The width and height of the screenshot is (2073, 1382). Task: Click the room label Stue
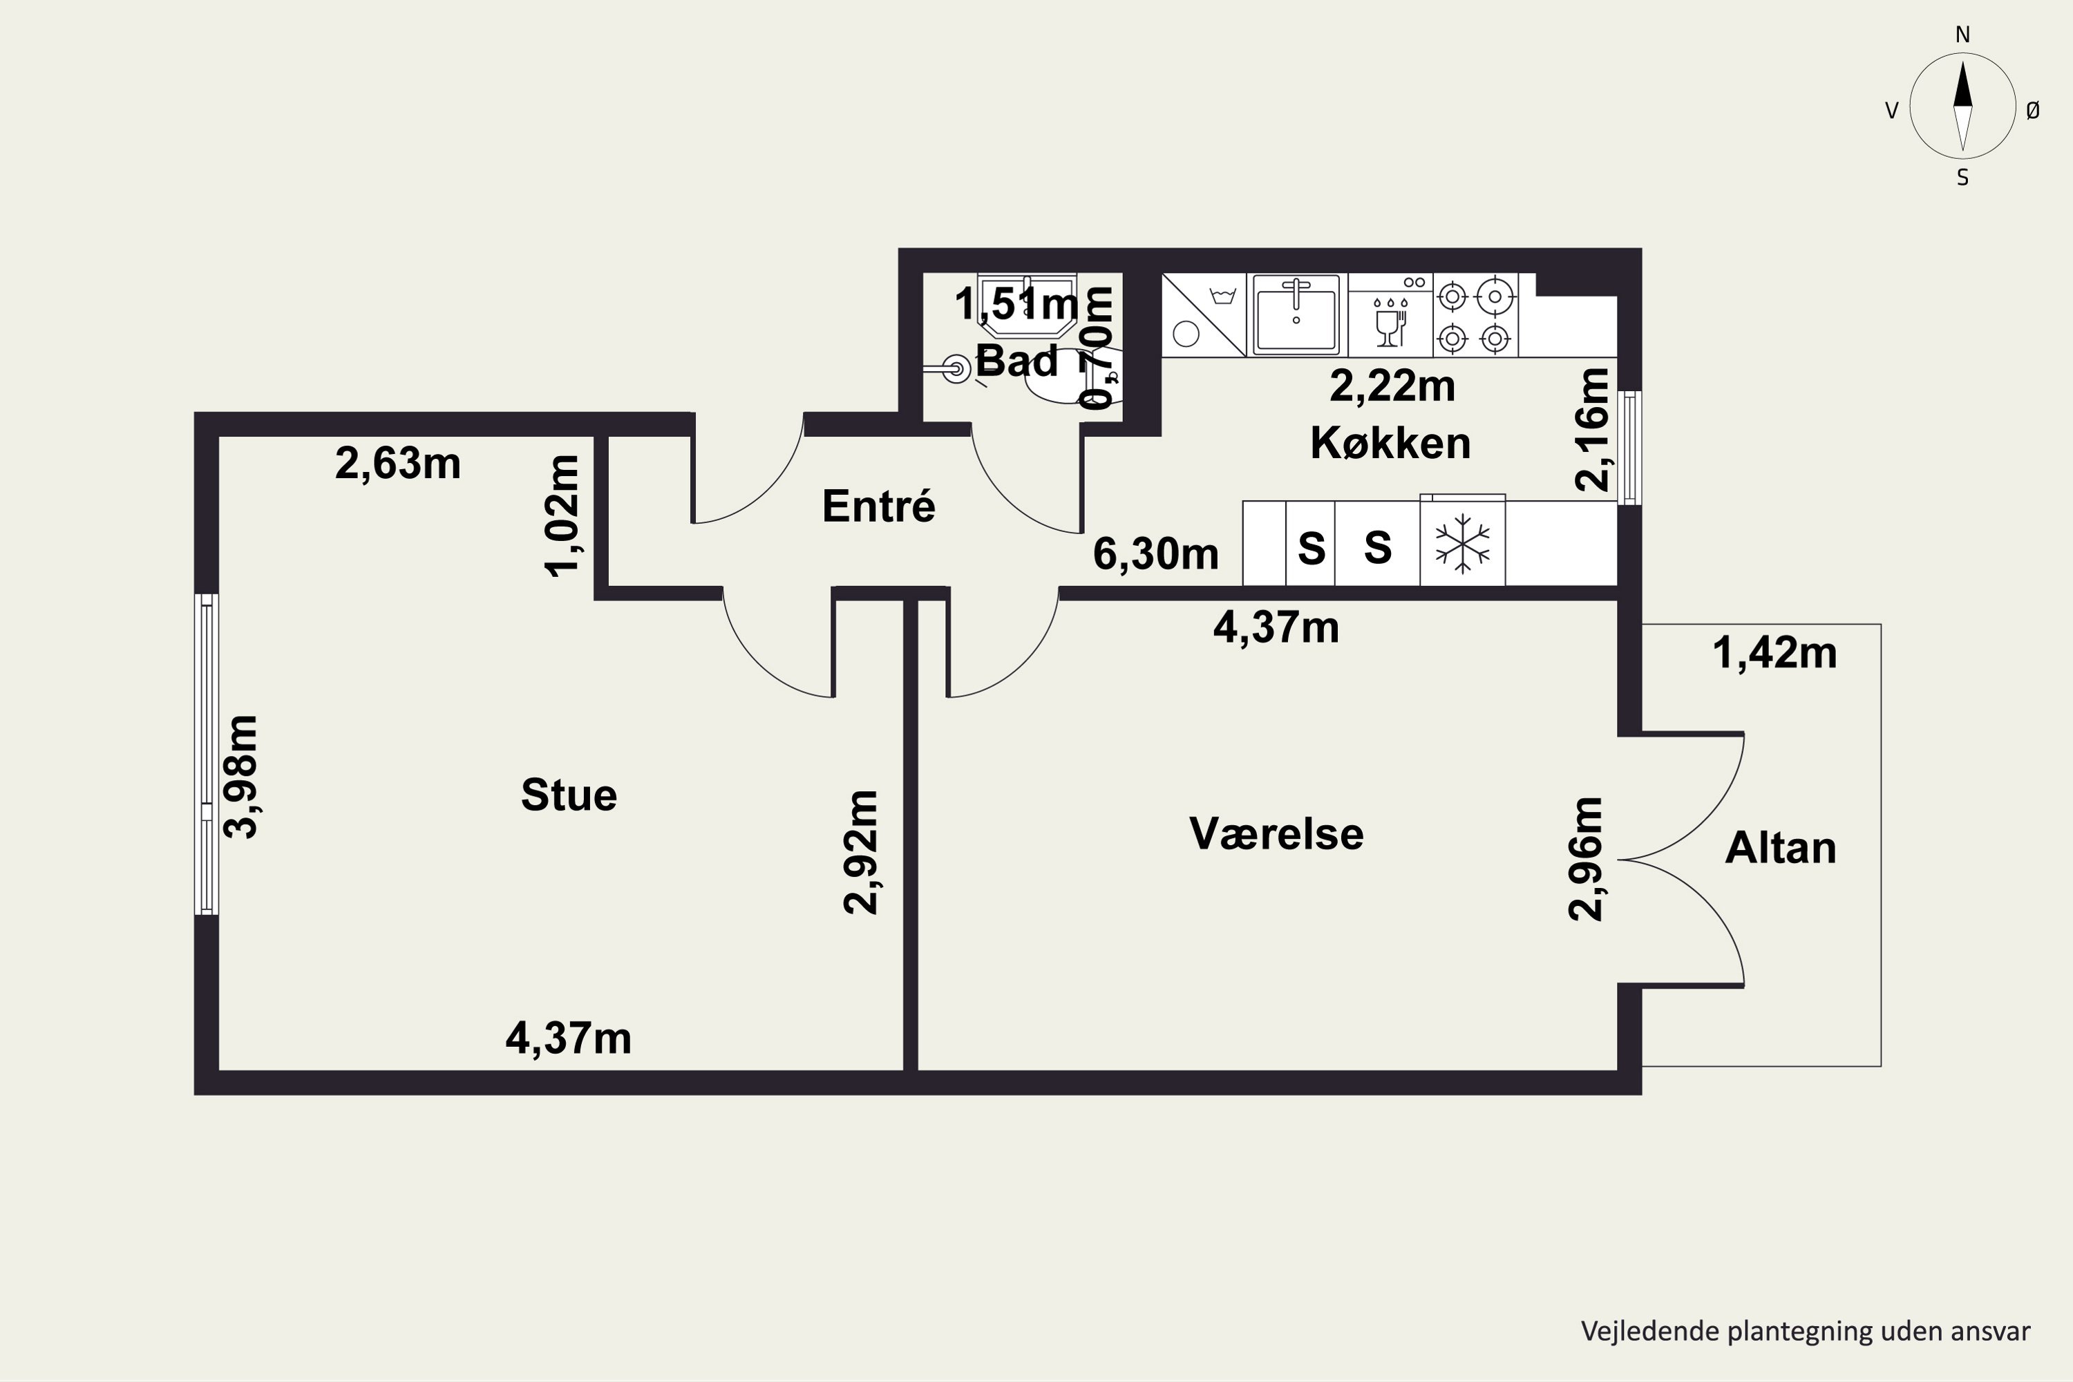pos(569,795)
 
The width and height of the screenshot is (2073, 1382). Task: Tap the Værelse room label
pos(1276,834)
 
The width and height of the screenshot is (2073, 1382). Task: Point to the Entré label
pos(879,505)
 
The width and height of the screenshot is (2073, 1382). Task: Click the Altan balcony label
pos(1781,848)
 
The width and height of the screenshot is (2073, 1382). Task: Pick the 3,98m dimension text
pos(240,777)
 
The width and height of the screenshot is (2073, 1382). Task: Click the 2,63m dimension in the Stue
pos(397,464)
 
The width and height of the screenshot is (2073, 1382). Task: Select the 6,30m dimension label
pos(1155,554)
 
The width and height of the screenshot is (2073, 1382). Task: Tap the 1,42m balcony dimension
pos(1774,653)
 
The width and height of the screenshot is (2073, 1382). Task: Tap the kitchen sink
pos(1296,314)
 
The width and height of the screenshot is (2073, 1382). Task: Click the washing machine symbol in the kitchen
pos(1204,314)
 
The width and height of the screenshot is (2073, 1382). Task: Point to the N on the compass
pos(1963,35)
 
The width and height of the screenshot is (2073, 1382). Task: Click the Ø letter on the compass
pos(2032,110)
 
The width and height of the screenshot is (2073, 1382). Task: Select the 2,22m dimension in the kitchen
pos(1392,387)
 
